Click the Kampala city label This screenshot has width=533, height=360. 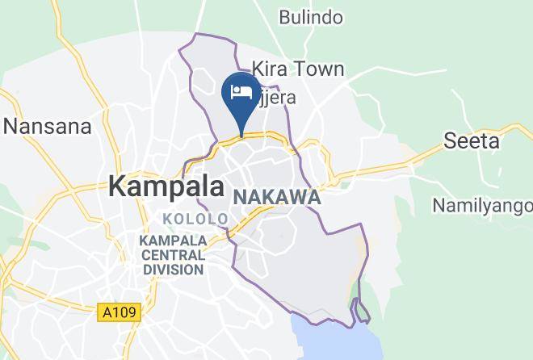click(166, 186)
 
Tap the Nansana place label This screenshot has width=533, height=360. click(48, 127)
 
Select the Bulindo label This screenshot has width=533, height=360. click(311, 17)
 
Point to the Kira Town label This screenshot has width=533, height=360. click(298, 69)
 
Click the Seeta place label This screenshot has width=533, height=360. click(472, 141)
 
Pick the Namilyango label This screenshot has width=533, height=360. click(482, 205)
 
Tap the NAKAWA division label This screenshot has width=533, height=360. click(277, 198)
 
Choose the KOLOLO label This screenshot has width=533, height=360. click(195, 219)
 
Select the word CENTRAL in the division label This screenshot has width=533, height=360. click(174, 256)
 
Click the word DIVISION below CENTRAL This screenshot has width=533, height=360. click(174, 270)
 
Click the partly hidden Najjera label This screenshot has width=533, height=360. click(275, 98)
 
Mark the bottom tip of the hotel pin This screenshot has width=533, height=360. click(241, 133)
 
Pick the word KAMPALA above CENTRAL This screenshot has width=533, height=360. click(174, 241)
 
